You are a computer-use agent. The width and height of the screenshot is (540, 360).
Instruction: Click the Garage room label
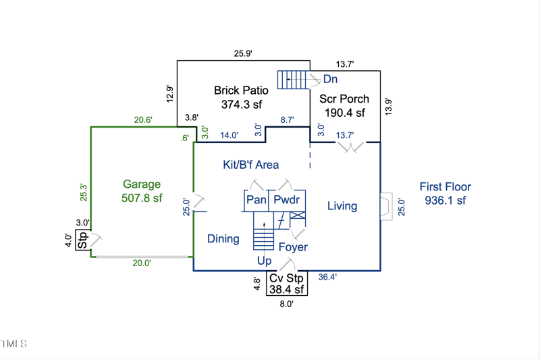coord(142,184)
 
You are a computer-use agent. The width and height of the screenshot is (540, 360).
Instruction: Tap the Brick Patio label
coord(241,90)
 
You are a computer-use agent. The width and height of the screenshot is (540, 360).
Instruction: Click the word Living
coord(342,206)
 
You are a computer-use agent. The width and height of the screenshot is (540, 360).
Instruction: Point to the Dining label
coord(223,238)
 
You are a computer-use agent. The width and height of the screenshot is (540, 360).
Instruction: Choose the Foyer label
coord(293,247)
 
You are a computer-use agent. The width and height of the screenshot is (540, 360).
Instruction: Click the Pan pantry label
coord(256,200)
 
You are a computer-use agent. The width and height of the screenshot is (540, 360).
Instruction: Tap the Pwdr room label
coord(286,200)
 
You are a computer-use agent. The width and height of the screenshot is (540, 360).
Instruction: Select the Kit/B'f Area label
coord(250,164)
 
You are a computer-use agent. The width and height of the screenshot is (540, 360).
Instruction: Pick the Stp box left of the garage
coord(83,241)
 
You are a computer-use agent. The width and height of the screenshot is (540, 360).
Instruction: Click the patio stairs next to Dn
coord(293,79)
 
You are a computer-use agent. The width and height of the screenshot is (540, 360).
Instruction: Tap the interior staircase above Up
coord(263,233)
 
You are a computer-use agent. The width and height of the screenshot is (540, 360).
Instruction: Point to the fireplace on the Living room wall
coord(385,206)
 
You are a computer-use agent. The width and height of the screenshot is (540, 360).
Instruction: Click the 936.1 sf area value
coord(446,201)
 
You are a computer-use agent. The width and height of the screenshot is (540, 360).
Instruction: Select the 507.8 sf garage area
coord(142,198)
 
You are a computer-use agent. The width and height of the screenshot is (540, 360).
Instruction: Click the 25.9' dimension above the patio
coord(242,53)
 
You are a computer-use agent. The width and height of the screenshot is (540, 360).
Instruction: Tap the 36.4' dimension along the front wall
coord(327,277)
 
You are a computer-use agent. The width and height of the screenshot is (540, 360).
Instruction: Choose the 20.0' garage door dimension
coord(141,263)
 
